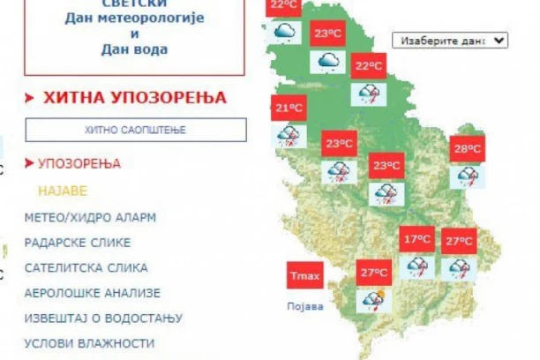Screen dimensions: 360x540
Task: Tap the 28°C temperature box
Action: pos(467,149)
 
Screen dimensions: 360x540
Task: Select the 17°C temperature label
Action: pos(416,240)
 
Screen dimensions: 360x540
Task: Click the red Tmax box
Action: pos(304,276)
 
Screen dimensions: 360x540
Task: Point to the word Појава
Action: pos(305,307)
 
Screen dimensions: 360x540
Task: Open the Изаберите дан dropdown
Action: pos(452,41)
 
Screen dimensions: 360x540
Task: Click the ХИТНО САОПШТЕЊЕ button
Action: pos(135,130)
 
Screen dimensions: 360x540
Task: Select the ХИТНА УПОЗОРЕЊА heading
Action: pos(134,97)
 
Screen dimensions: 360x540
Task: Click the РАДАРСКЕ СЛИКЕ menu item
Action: pos(78,242)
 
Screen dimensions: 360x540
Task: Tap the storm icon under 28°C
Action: pos(465,176)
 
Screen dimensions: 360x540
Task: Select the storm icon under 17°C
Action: pos(416,266)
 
